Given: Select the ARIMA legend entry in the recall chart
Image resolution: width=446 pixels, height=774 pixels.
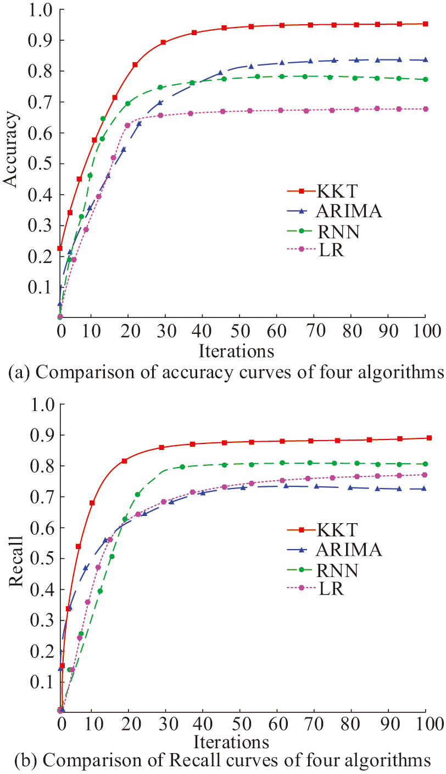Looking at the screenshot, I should (349, 549).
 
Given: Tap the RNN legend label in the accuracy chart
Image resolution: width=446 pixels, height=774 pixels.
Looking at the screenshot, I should (338, 232).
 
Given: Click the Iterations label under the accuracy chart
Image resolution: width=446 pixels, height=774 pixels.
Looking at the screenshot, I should (236, 350).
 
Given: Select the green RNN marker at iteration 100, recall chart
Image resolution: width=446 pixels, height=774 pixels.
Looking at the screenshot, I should (424, 464).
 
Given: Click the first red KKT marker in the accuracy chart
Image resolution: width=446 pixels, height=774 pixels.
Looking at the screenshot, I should (60, 248).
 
